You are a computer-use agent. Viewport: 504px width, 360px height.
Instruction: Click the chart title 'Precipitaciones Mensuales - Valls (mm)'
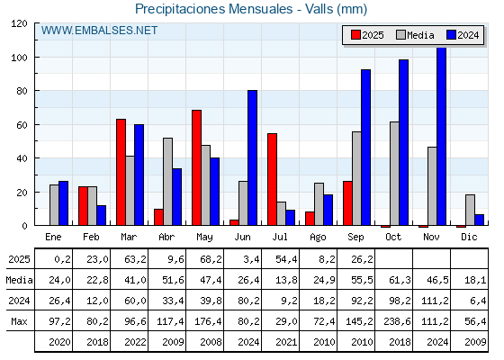point(251,9)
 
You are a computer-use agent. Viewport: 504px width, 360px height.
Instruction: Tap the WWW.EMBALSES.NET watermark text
point(99,31)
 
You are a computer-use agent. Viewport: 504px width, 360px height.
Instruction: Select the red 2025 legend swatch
point(355,35)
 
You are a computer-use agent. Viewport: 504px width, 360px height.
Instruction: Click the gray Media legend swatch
point(400,35)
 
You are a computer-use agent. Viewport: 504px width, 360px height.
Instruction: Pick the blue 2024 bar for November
point(441,136)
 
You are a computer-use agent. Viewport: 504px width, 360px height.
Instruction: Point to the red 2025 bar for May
point(196,167)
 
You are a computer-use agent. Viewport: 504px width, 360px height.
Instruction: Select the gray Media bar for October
point(394,174)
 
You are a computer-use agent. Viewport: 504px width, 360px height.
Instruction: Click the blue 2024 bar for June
point(252,157)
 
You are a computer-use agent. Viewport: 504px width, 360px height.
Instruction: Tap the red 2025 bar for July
point(272,179)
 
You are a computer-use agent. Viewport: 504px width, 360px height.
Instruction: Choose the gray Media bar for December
point(470,210)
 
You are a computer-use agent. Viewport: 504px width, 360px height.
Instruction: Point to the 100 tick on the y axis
point(19,58)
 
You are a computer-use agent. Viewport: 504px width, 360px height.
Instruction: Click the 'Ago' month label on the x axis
point(318,238)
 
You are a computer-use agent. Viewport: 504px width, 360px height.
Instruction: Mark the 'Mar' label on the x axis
point(129,237)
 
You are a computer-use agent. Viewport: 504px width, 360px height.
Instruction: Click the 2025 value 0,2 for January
point(62,259)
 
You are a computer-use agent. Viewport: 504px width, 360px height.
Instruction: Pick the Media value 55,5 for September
point(362,280)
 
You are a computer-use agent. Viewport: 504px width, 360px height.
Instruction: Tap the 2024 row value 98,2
point(400,301)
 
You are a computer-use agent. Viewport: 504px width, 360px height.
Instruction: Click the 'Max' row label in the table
point(19,321)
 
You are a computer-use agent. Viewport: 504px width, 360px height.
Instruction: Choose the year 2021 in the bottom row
point(286,342)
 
